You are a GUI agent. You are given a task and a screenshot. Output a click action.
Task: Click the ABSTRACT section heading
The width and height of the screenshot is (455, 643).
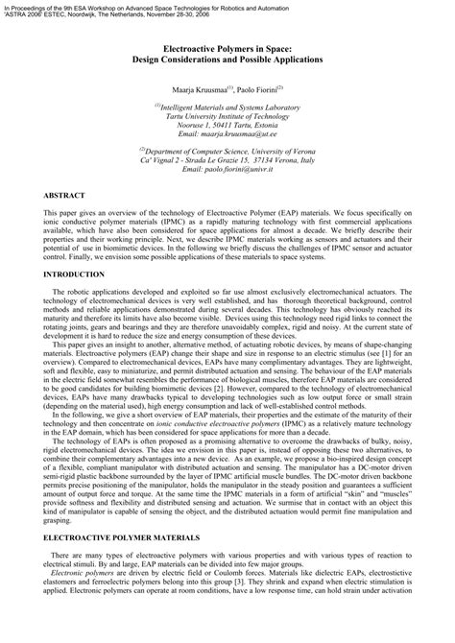(64, 195)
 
